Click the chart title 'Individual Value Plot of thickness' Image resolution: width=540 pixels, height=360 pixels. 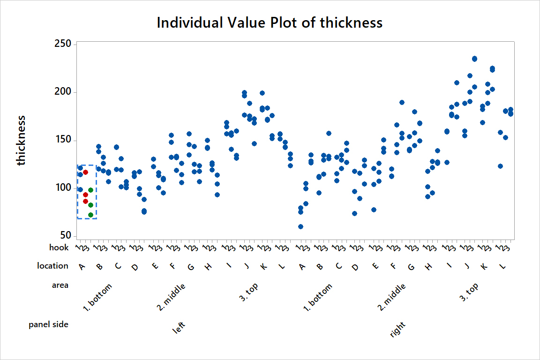click(270, 22)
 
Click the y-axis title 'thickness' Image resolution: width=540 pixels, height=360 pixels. click(21, 141)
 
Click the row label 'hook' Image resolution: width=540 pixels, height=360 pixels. click(59, 247)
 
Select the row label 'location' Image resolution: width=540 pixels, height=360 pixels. click(52, 266)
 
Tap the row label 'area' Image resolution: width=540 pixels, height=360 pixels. click(60, 285)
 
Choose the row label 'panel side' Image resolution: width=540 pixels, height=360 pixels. click(48, 324)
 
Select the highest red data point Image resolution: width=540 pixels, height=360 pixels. click(85, 172)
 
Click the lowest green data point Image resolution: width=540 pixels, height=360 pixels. click(90, 215)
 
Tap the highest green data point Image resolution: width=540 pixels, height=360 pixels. click(90, 190)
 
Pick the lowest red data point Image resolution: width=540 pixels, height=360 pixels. click(85, 201)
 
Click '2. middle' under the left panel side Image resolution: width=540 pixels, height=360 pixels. click(171, 297)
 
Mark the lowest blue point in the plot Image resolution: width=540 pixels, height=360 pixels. click(300, 226)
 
